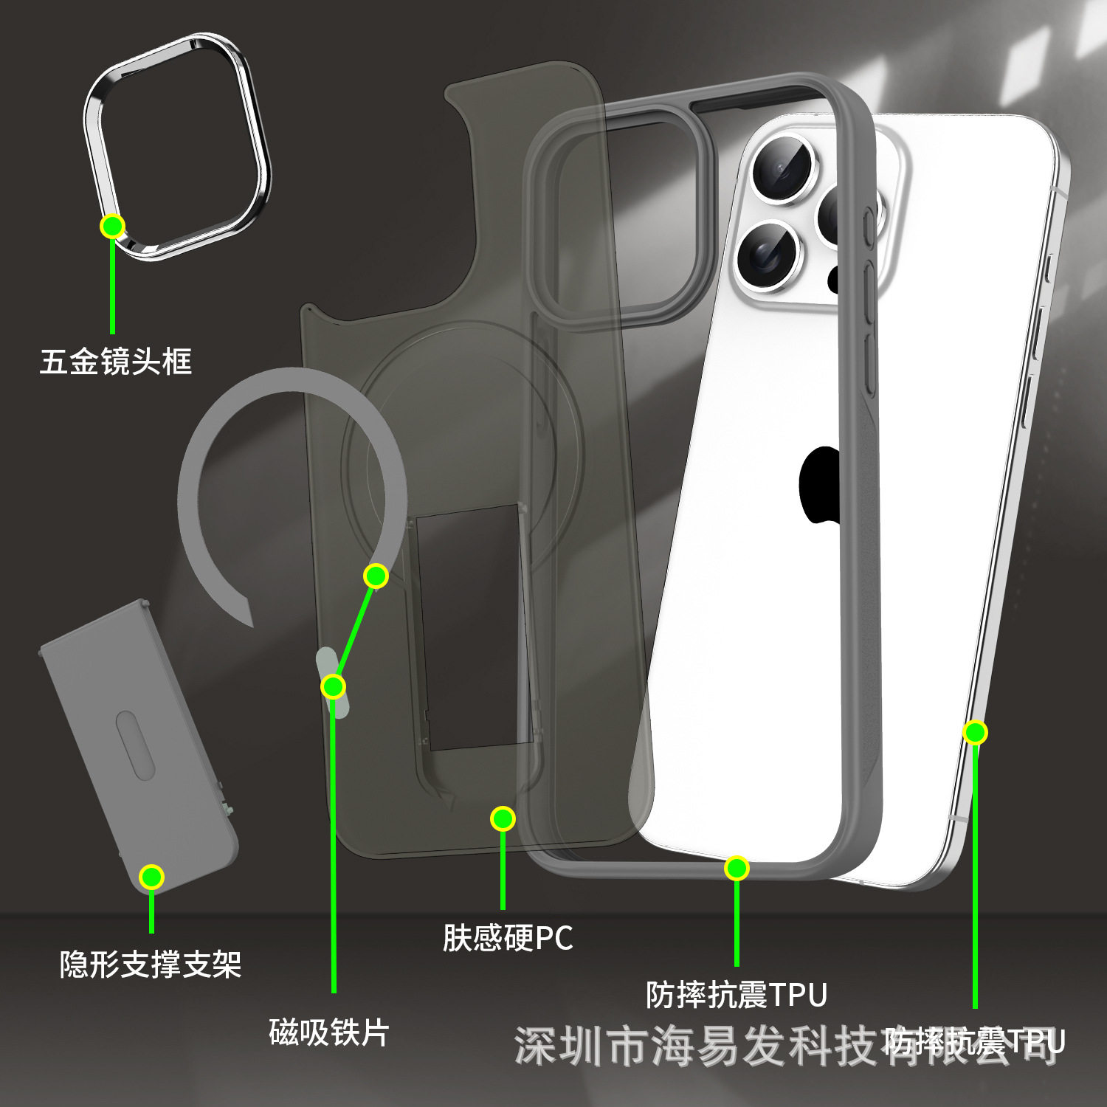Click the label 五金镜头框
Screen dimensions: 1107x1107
click(116, 362)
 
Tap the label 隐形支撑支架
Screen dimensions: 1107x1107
click(151, 964)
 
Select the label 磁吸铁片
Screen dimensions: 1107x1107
click(328, 1032)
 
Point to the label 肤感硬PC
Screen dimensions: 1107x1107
click(508, 938)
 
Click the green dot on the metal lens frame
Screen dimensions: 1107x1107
click(112, 226)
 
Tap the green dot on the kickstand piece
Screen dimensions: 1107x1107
click(151, 877)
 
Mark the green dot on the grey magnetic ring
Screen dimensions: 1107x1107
click(376, 576)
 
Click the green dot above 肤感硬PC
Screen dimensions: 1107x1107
click(503, 818)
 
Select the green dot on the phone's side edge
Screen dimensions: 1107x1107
click(975, 732)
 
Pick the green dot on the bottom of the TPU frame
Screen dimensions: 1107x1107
click(737, 868)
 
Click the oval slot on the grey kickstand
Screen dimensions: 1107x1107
click(135, 745)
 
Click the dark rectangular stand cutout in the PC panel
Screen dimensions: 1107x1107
click(472, 627)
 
